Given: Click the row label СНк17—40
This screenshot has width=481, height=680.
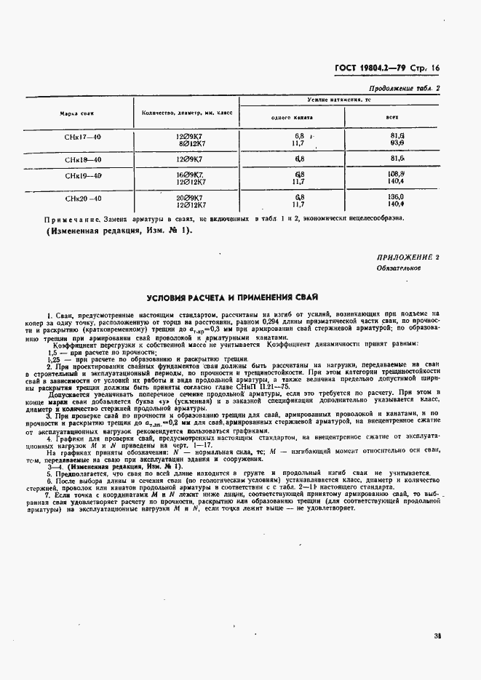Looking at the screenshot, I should click(x=82, y=137).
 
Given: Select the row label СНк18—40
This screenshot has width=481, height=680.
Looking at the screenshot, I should click(x=82, y=159).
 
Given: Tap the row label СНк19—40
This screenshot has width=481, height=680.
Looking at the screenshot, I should click(x=82, y=176).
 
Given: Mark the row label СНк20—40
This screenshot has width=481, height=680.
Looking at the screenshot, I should click(x=82, y=198).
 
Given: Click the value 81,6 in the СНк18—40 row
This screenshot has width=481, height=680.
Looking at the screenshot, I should click(x=397, y=158).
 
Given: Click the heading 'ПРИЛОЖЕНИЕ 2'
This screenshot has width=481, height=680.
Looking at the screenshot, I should click(x=408, y=258).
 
